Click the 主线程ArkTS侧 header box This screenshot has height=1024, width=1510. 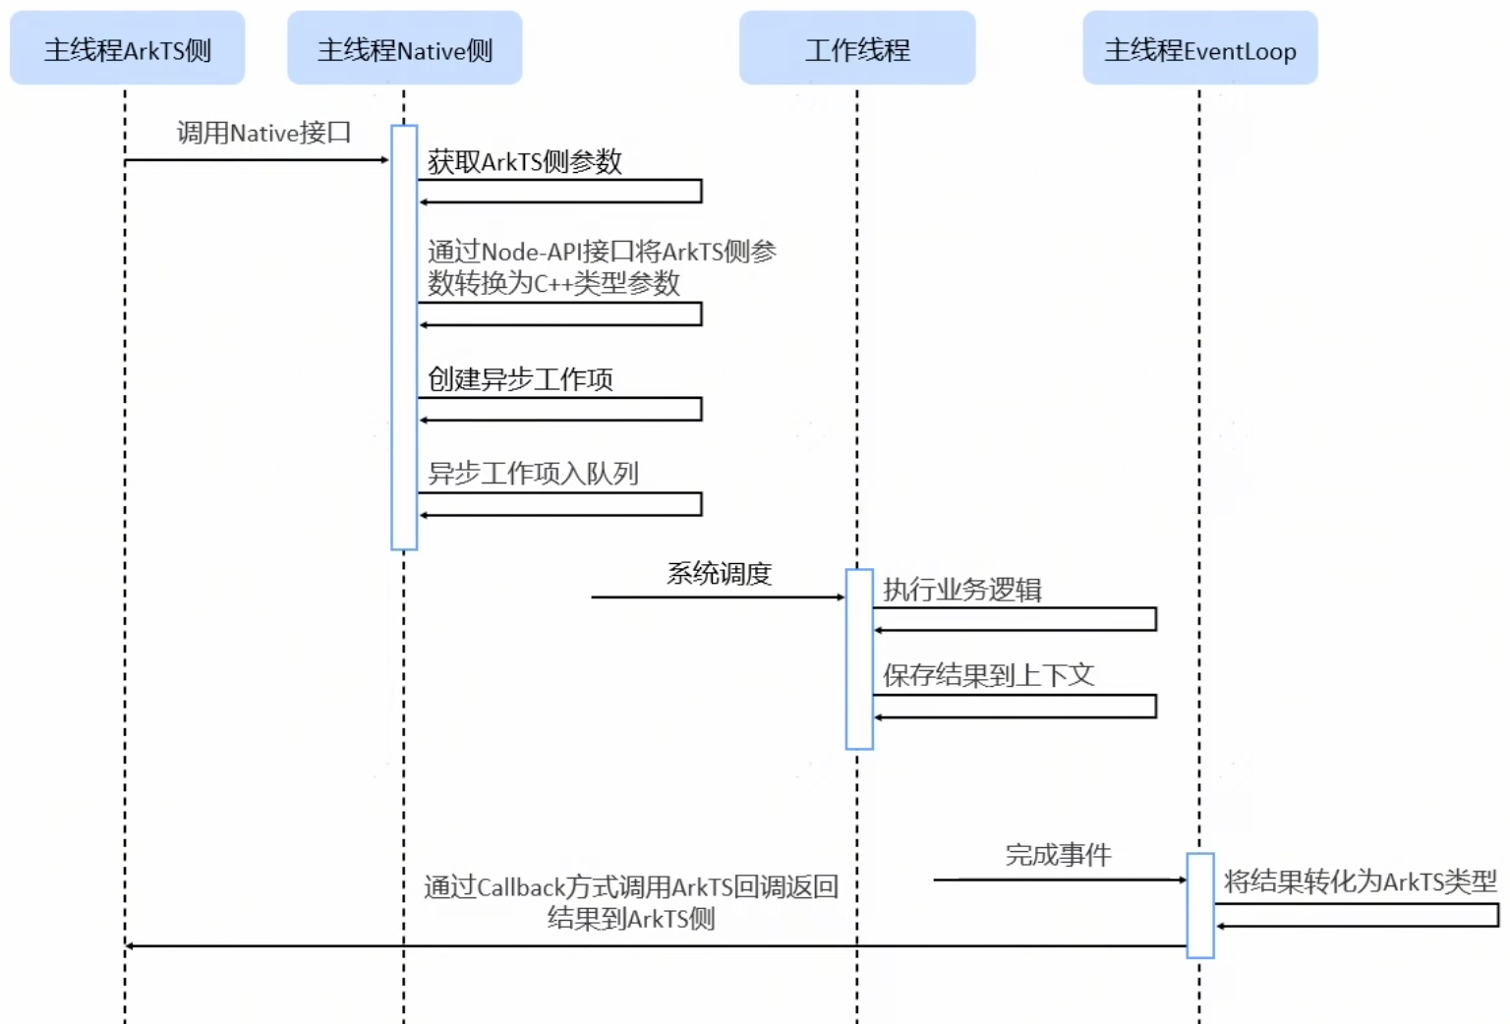(x=128, y=48)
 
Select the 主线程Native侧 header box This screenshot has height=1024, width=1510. (x=405, y=48)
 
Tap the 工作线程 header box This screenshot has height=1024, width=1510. (x=857, y=48)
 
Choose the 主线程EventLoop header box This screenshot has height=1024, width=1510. (x=1200, y=48)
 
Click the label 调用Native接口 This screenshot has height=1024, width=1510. (x=264, y=133)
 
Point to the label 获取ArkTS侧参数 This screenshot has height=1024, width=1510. (x=524, y=162)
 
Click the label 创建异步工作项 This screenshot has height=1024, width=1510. (x=520, y=379)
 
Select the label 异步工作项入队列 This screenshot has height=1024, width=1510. (x=533, y=474)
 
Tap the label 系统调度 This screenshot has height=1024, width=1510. (x=720, y=574)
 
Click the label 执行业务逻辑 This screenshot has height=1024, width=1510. (x=962, y=590)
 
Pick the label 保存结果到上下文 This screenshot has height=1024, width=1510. (x=989, y=675)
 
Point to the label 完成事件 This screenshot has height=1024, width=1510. (x=1059, y=855)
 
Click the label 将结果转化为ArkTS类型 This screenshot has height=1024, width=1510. (x=1361, y=882)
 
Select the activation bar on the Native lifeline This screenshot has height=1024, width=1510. (x=404, y=337)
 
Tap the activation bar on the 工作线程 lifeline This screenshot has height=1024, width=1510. (x=859, y=658)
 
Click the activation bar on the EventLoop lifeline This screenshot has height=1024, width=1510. (x=1200, y=905)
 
